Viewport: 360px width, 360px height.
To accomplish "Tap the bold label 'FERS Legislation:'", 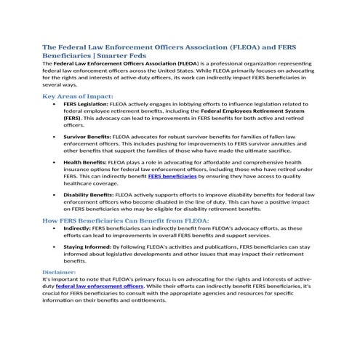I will [84, 104].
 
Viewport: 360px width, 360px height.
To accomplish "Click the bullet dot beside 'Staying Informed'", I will [55, 247].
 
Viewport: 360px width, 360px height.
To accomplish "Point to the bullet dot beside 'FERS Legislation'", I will [55, 105].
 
